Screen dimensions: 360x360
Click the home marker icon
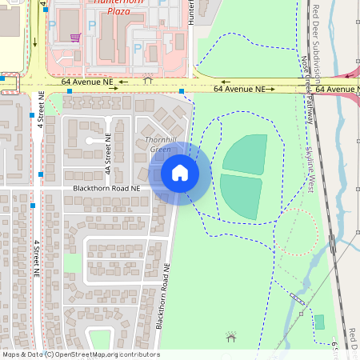(179, 173)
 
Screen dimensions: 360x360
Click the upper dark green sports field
(245, 154)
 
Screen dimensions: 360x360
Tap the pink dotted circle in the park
(300, 232)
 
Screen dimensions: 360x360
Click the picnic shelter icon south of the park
(232, 338)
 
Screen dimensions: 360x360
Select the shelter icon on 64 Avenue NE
(147, 79)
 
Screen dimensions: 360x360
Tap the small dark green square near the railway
(320, 322)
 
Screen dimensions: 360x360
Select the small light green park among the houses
(72, 262)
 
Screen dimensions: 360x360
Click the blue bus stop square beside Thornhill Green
(182, 92)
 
